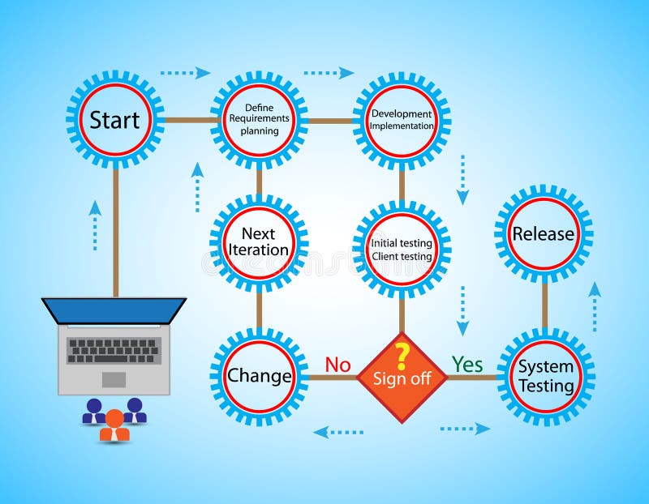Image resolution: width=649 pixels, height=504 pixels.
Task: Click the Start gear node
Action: click(114, 120)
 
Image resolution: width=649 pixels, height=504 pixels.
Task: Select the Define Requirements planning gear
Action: click(260, 120)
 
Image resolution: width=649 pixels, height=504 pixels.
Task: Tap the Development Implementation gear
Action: click(402, 120)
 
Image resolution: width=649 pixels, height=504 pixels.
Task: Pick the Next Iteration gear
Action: click(259, 241)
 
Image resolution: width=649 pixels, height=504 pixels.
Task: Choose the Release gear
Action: click(544, 234)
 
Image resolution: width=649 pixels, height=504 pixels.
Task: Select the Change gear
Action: click(259, 376)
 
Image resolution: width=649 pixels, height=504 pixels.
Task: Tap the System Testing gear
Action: click(545, 376)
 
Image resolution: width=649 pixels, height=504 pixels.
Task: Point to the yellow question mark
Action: click(401, 356)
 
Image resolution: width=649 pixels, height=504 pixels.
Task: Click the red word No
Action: click(337, 365)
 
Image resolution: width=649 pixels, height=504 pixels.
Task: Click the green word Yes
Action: click(467, 365)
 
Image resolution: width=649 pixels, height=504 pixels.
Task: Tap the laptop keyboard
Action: click(114, 350)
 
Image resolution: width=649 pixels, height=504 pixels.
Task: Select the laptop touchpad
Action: click(114, 379)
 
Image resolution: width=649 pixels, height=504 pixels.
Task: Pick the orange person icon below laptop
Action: click(114, 425)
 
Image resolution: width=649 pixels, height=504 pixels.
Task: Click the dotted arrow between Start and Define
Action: click(185, 73)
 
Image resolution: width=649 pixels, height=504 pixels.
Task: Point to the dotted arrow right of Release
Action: click(595, 306)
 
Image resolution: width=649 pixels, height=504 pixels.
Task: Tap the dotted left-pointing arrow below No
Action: click(338, 432)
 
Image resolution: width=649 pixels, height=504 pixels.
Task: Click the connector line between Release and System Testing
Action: click(544, 305)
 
